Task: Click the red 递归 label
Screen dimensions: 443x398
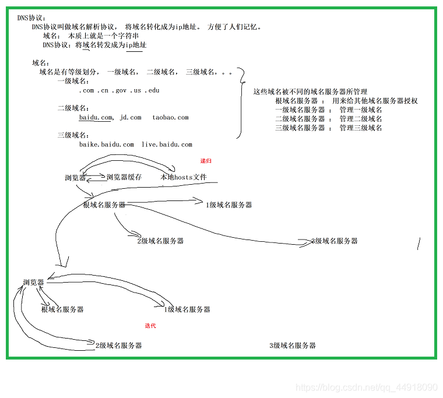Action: click(x=206, y=161)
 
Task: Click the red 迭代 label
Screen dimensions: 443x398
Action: click(x=150, y=326)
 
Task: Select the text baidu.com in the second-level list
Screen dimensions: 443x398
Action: click(x=96, y=118)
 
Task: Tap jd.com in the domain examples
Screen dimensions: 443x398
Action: click(x=131, y=118)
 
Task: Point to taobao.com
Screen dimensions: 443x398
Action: click(x=170, y=118)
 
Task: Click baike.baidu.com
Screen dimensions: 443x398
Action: click(x=107, y=145)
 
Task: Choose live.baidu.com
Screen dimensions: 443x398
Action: click(x=167, y=145)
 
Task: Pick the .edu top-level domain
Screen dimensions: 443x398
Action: click(x=152, y=90)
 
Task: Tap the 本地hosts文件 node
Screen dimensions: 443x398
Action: click(x=184, y=177)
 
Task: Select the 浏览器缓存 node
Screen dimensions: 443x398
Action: click(x=124, y=177)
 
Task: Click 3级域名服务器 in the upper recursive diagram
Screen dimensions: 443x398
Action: click(x=334, y=241)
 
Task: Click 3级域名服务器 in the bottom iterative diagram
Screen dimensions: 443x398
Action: click(x=293, y=346)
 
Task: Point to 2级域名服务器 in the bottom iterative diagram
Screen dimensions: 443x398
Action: click(x=119, y=346)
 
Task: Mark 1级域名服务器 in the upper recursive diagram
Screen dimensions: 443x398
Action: click(x=229, y=205)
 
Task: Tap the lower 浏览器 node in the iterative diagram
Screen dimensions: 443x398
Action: click(x=34, y=282)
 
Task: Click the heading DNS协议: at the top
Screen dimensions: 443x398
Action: click(x=31, y=18)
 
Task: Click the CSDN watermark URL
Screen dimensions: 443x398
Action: click(x=367, y=388)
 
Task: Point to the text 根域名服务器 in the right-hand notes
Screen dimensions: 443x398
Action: click(x=296, y=101)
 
